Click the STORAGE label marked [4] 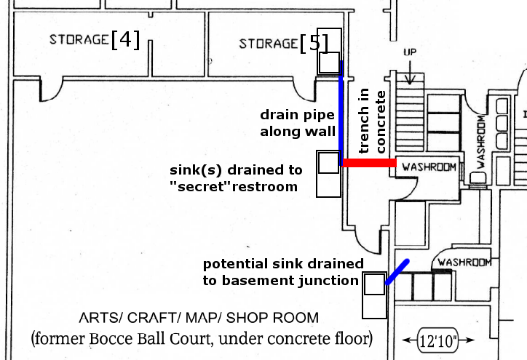click(79, 39)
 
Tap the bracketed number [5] click(314, 43)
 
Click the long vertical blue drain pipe click(341, 109)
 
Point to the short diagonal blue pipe click(397, 272)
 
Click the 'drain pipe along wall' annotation click(298, 123)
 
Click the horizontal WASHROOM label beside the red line click(429, 167)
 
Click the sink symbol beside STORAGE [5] click(329, 63)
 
